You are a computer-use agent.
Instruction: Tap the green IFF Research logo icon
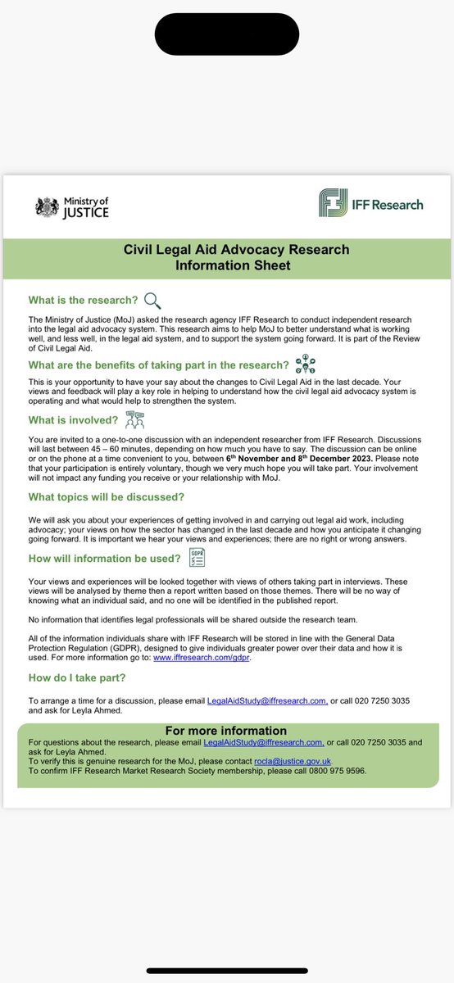point(332,203)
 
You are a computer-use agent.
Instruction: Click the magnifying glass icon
point(152,300)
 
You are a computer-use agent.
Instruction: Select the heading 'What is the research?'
point(82,301)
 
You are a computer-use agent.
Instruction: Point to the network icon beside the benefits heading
point(305,364)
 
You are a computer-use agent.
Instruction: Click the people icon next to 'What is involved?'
point(134,422)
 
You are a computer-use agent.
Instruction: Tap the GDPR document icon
point(197,558)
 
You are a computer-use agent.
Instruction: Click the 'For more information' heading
point(226,730)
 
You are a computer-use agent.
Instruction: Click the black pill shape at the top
point(226,34)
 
